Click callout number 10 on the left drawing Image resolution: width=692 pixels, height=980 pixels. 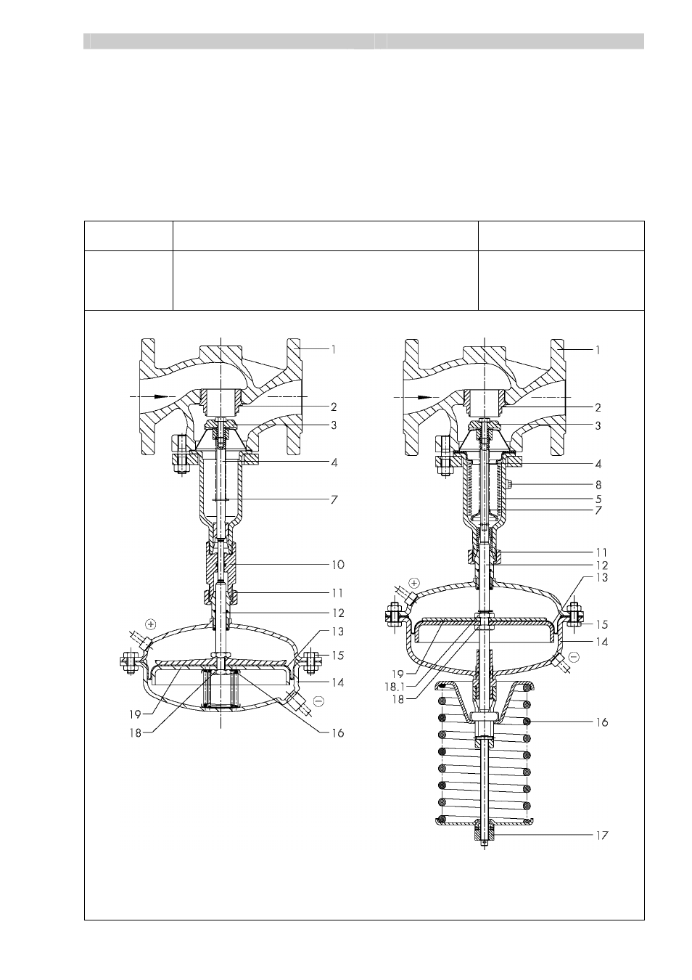point(338,565)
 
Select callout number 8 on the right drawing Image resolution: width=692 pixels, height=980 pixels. point(598,485)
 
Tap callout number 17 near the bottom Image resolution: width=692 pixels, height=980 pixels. point(602,836)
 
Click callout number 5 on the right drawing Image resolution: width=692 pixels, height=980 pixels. point(598,499)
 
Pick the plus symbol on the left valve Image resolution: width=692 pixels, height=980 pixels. point(150,624)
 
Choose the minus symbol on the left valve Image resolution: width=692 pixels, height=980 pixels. point(319,701)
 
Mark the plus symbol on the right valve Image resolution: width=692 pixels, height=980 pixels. point(414,583)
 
